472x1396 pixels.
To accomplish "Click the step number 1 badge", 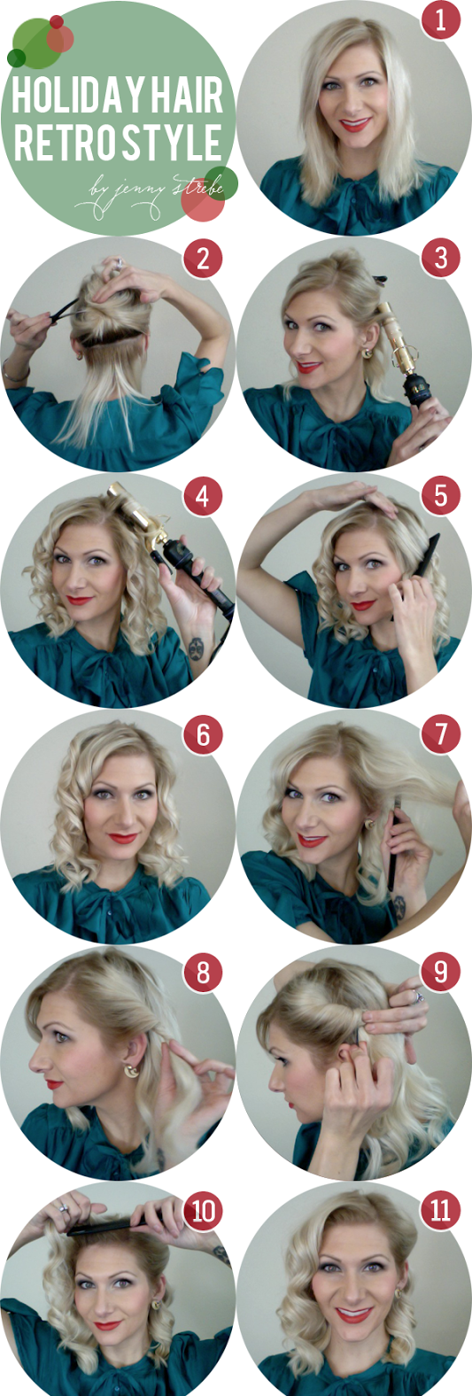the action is tap(441, 19).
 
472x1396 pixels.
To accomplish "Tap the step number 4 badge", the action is tap(203, 497).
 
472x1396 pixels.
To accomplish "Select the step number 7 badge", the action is tap(441, 734).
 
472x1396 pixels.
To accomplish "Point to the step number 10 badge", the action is tap(203, 1211).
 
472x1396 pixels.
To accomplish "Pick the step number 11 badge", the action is tap(441, 1211).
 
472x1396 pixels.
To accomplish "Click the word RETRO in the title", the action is tap(58, 143).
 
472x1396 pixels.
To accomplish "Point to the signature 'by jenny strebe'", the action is tap(150, 195).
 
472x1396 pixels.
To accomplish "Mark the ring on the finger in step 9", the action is tap(418, 997).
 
